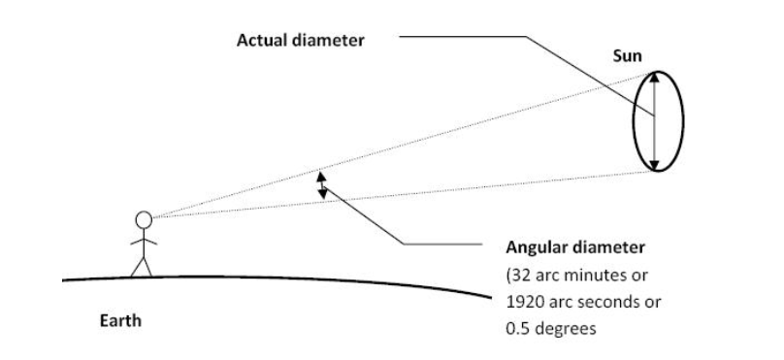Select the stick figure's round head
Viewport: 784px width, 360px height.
click(x=144, y=219)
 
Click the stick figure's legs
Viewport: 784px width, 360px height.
click(x=144, y=265)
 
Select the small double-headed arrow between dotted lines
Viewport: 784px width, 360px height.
click(x=323, y=185)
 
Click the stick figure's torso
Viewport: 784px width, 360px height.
click(x=144, y=242)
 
